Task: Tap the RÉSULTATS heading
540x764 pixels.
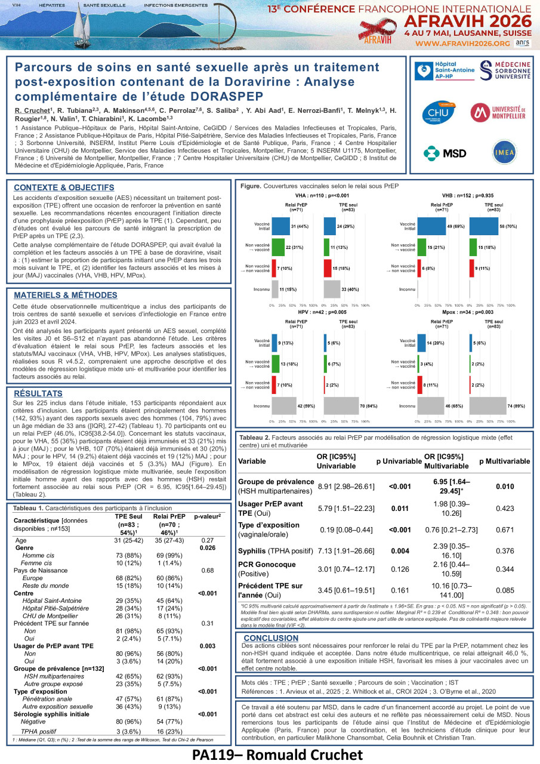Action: (38, 394)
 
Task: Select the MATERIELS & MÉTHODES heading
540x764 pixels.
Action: (65, 295)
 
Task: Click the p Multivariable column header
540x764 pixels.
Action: (504, 461)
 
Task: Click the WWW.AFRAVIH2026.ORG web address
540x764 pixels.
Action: (462, 44)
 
